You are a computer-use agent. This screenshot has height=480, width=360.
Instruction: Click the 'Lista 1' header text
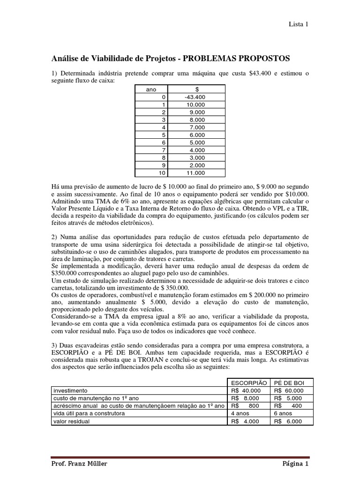tap(298, 24)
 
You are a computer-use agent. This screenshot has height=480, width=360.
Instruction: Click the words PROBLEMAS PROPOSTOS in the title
tap(236, 58)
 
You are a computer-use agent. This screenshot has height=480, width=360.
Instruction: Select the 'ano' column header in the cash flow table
tap(151, 89)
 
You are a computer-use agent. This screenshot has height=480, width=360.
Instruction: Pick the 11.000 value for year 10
tap(195, 172)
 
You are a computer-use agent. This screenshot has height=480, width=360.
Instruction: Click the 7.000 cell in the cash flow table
tap(197, 127)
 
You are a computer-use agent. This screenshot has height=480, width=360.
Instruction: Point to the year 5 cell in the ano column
tap(163, 135)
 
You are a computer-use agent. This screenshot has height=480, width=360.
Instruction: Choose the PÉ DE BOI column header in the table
tap(292, 382)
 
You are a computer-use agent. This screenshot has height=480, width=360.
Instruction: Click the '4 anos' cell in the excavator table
tap(240, 413)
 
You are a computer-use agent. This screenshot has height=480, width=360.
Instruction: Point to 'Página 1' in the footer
tap(295, 464)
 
